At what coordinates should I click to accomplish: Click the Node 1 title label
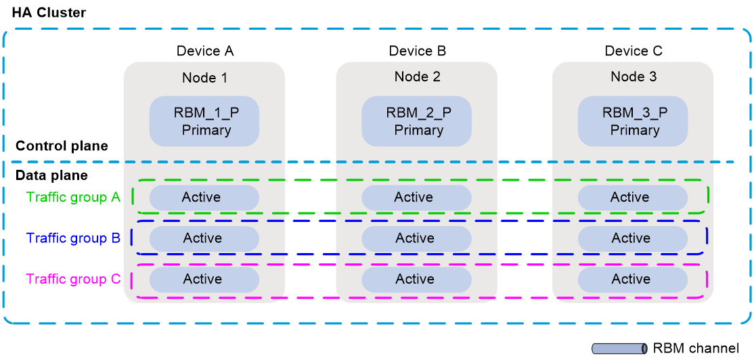point(204,78)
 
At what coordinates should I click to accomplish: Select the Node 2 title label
point(417,76)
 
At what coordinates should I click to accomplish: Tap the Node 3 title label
point(634,76)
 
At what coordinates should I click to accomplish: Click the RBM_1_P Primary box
point(204,122)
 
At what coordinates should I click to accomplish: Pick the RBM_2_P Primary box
point(417,121)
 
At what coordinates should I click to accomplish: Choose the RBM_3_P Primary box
point(634,121)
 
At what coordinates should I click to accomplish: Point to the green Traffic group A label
point(73,198)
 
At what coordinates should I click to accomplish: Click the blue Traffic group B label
point(73,238)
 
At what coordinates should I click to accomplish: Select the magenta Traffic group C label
point(73,279)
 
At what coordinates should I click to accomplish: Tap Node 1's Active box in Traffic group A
point(204,198)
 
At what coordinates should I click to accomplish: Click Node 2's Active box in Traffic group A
point(416,198)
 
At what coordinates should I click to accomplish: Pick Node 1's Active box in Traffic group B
point(204,238)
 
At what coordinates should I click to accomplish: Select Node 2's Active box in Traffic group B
point(416,238)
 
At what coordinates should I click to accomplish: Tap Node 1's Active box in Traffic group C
point(204,279)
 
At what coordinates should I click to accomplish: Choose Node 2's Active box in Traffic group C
point(416,279)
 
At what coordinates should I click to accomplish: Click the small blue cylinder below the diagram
point(619,348)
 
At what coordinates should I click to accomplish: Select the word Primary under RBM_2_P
point(418,130)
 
